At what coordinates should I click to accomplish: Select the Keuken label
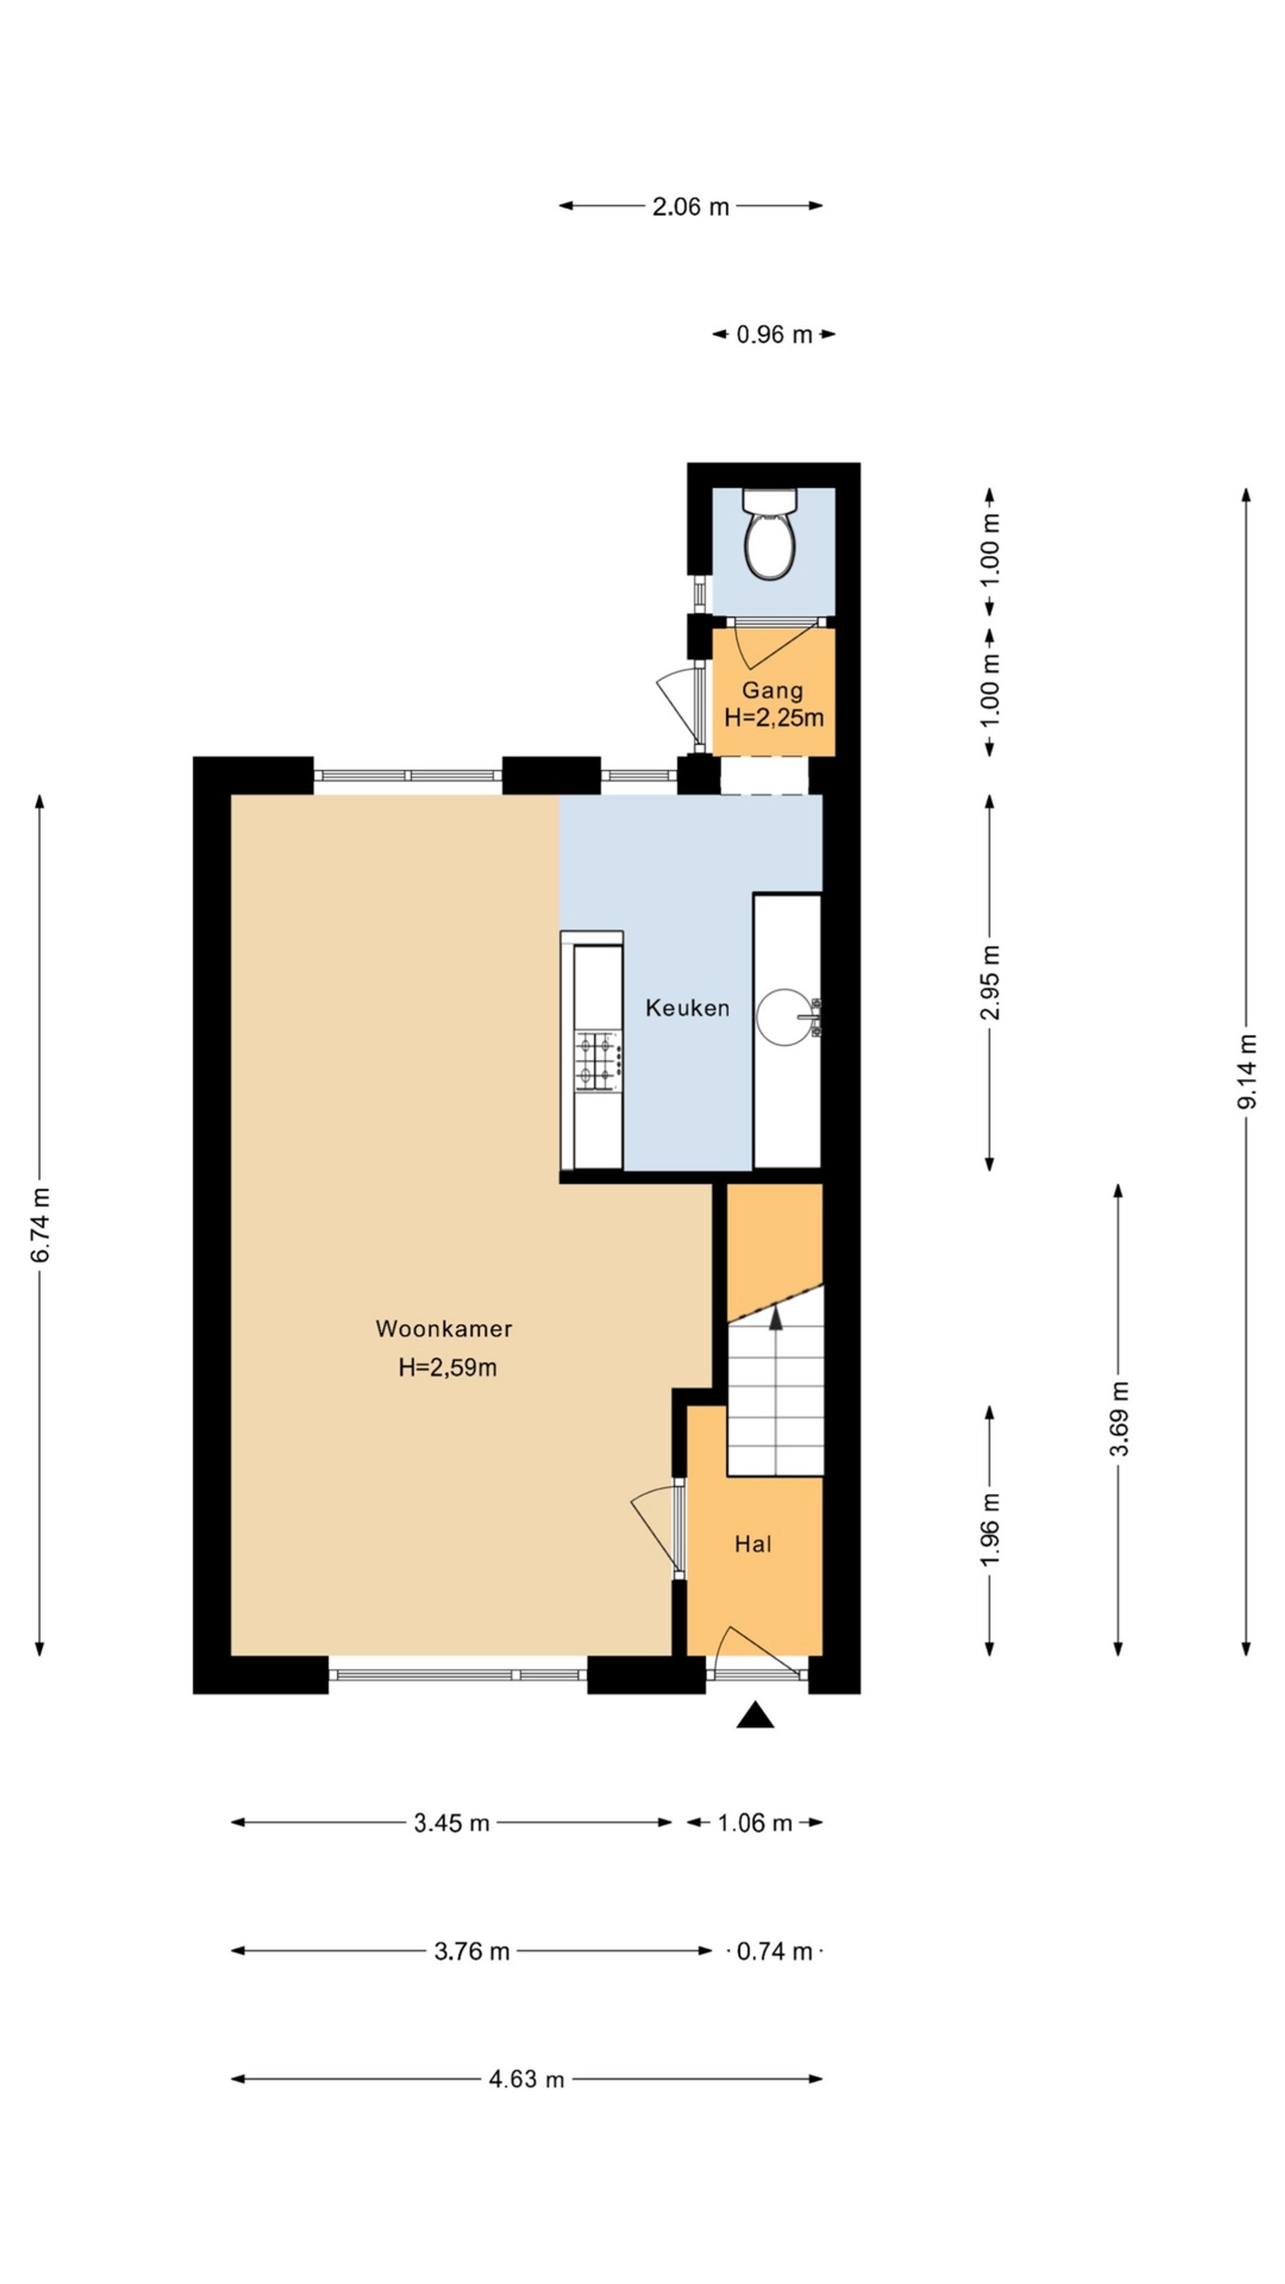[x=687, y=1008]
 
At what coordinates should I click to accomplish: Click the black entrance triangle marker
[x=755, y=1715]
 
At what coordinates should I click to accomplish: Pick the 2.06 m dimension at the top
[x=690, y=206]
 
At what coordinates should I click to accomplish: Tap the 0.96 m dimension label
[x=773, y=335]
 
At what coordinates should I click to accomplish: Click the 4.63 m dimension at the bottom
[x=526, y=2079]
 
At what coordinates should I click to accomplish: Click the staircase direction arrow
[x=776, y=1319]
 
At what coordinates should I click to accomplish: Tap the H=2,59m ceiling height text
[x=447, y=1367]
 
